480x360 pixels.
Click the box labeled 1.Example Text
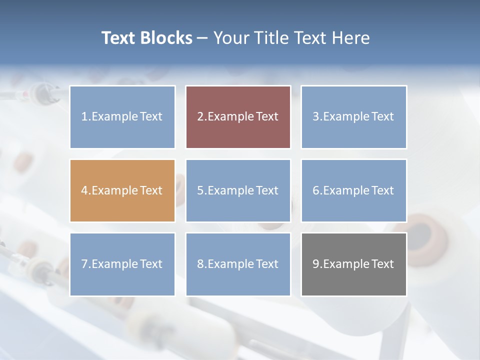coord(122,117)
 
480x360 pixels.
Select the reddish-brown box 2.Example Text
coord(238,117)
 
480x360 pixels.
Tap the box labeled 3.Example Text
coord(353,117)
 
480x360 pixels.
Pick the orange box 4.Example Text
coord(122,190)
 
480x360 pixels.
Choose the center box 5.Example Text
coord(238,190)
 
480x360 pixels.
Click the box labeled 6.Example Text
coord(353,190)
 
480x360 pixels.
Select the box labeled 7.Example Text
coord(122,264)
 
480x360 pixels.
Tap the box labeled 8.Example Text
coord(238,264)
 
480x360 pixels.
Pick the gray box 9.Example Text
coord(353,264)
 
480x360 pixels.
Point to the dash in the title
coord(202,38)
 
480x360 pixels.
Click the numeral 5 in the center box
coord(200,190)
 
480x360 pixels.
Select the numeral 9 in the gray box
coord(315,264)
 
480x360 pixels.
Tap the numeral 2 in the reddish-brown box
coord(200,117)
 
